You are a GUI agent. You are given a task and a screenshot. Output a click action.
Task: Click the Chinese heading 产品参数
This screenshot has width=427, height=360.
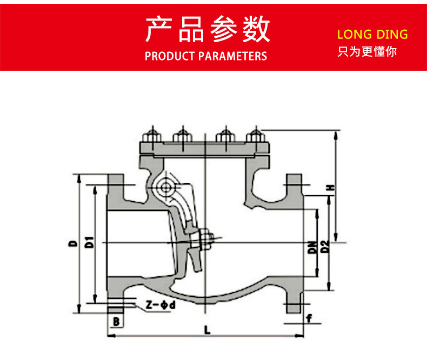pyautogui.click(x=208, y=30)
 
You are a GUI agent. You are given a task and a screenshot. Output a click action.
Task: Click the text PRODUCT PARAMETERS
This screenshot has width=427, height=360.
pyautogui.click(x=206, y=56)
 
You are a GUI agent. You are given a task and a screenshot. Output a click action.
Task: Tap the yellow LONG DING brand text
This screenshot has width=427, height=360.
pyautogui.click(x=372, y=35)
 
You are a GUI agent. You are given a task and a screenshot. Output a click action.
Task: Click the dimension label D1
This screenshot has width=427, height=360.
pyautogui.click(x=90, y=243)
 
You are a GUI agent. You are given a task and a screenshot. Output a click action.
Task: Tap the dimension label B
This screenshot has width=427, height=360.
pyautogui.click(x=116, y=322)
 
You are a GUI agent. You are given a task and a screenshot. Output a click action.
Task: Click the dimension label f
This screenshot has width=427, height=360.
pyautogui.click(x=309, y=318)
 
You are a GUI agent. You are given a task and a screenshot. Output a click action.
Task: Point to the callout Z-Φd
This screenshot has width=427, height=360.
pyautogui.click(x=161, y=305)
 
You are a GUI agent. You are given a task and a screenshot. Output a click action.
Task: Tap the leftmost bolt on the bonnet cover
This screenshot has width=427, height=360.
pyautogui.click(x=151, y=135)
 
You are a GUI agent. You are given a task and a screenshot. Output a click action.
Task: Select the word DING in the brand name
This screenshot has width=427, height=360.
pyautogui.click(x=392, y=35)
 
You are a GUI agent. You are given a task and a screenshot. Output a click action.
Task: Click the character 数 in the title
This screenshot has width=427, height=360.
pyautogui.click(x=256, y=30)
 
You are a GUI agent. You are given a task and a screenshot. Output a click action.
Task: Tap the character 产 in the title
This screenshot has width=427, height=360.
pyautogui.click(x=160, y=30)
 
